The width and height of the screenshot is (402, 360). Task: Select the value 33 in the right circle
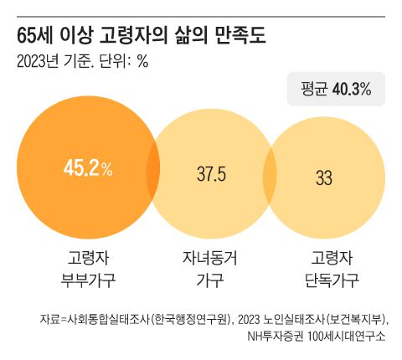click(x=324, y=177)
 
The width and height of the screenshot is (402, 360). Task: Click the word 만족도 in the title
click(x=242, y=37)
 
